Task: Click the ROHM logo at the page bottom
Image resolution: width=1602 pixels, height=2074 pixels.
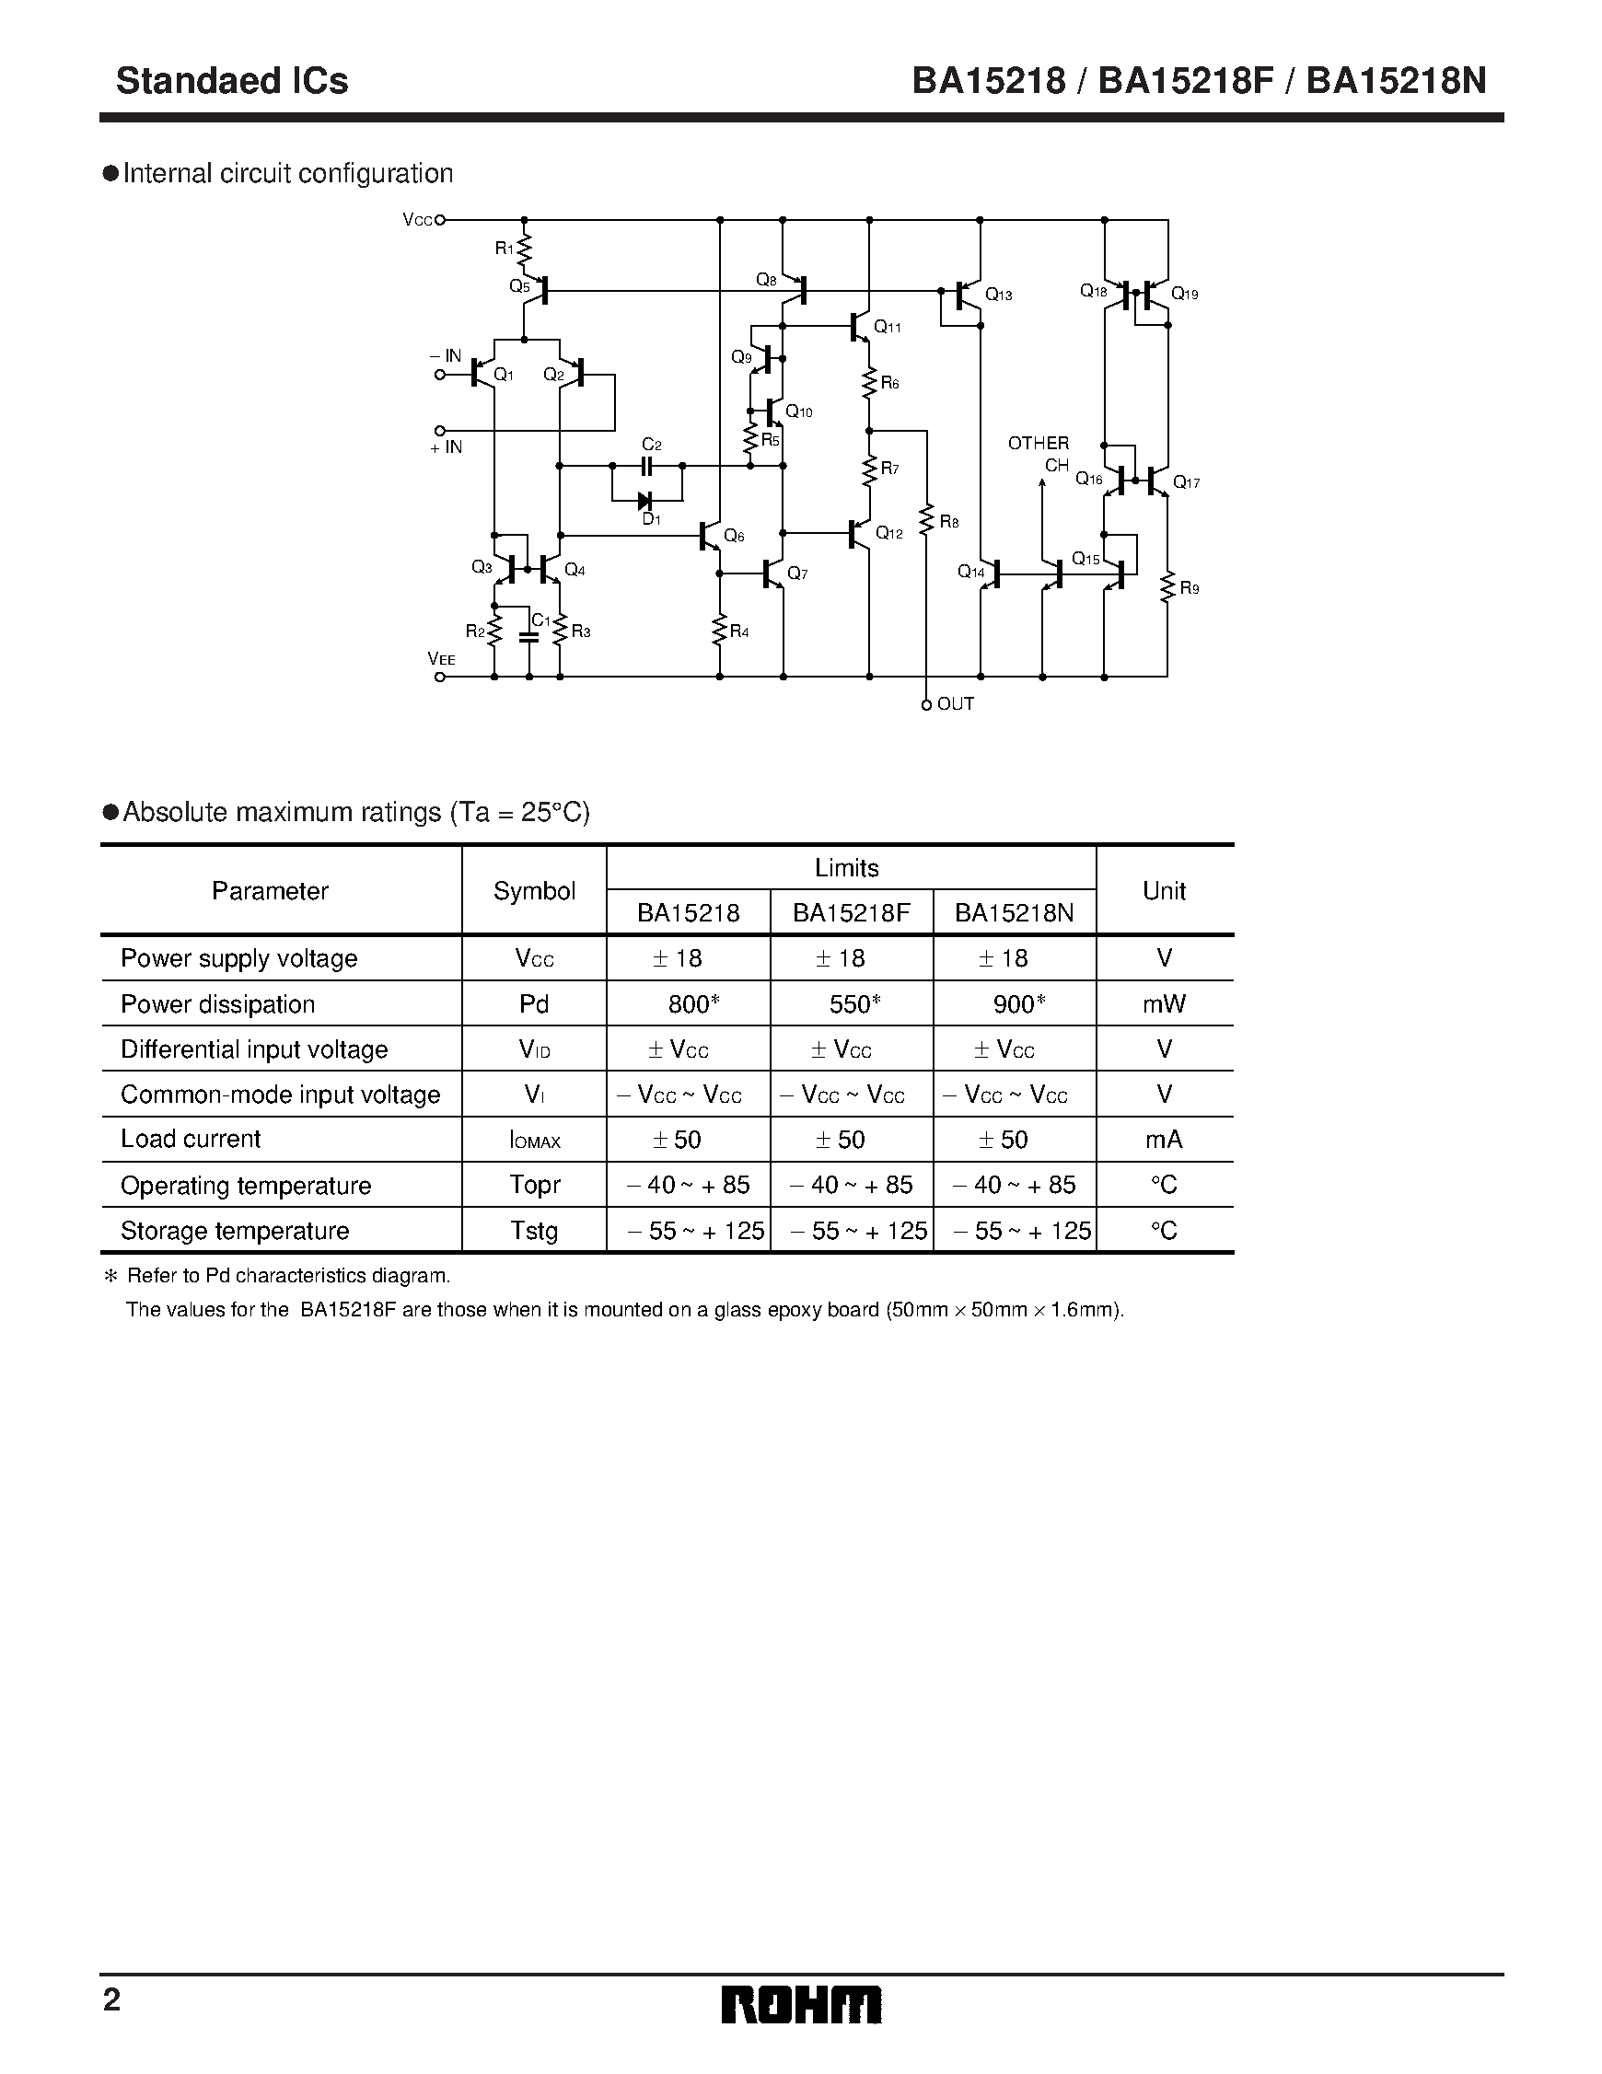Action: pos(800,2005)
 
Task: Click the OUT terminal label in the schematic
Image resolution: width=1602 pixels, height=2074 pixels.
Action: pos(955,703)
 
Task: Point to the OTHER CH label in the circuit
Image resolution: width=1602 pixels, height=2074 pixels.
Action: pos(1039,454)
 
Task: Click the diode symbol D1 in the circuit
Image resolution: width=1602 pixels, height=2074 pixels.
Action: pos(644,501)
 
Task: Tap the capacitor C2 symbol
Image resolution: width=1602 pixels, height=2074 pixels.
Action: pos(646,465)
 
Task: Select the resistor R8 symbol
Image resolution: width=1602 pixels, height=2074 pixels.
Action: pos(926,520)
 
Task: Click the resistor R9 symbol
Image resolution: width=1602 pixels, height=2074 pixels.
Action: pos(1167,587)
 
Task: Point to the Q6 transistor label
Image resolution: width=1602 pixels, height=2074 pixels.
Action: pos(733,536)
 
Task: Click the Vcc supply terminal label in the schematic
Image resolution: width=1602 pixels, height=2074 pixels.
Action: pos(417,220)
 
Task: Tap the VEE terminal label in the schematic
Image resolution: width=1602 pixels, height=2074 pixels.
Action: pos(442,658)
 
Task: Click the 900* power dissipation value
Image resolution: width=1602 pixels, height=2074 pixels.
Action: pos(1018,1003)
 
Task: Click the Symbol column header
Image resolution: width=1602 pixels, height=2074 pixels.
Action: pos(534,891)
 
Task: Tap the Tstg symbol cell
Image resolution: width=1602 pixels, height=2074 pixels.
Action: pos(534,1231)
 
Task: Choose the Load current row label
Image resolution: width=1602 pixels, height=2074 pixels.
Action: pos(191,1139)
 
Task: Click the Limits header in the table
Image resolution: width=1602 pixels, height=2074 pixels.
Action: pos(846,868)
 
